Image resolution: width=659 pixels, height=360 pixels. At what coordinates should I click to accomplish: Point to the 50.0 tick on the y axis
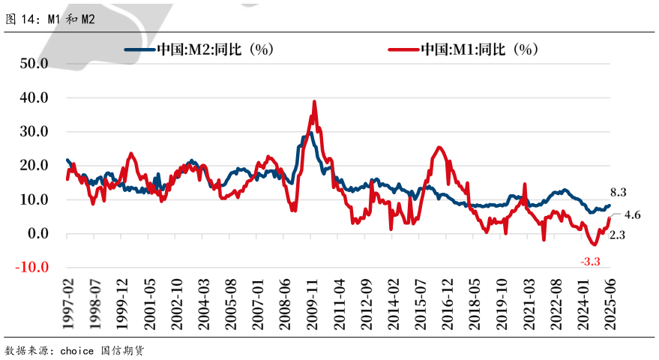click(34, 63)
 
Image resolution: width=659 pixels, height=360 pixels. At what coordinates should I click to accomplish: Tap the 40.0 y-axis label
click(34, 97)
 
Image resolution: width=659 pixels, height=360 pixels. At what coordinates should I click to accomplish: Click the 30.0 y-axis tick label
click(34, 131)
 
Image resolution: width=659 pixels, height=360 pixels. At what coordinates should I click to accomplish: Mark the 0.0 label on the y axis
click(37, 233)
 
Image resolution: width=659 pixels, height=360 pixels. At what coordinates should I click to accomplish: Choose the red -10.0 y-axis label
click(31, 267)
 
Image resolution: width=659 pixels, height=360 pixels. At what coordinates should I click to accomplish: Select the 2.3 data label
click(617, 235)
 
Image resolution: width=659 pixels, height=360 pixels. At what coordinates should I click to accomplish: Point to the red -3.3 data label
click(591, 261)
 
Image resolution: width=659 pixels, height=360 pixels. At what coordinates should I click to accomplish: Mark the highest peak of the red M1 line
click(314, 102)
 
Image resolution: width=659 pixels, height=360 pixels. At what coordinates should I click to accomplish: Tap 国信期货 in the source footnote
click(121, 350)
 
